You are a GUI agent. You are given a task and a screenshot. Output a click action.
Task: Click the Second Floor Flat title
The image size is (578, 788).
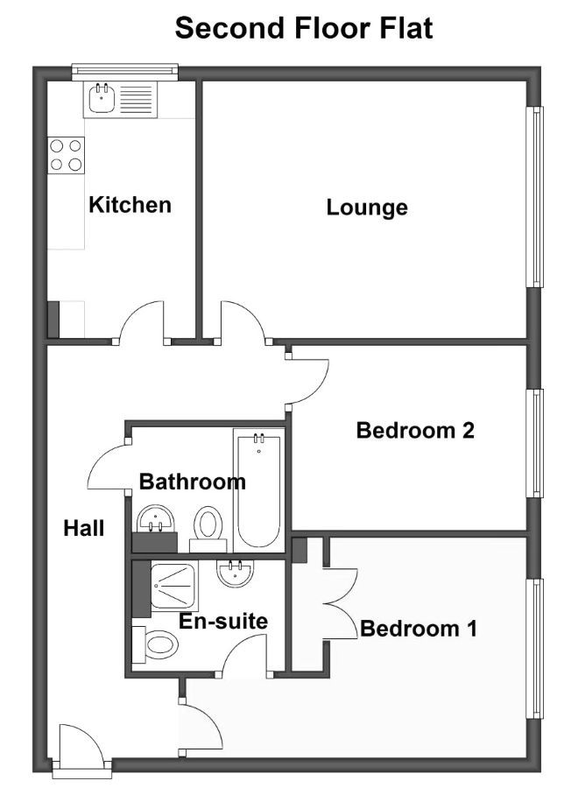(304, 28)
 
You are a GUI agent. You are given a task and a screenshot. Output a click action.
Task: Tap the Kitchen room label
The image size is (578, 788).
(130, 205)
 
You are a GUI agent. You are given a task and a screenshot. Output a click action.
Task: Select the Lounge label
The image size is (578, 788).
(367, 208)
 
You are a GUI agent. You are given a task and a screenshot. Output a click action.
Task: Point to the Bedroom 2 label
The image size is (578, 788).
(415, 430)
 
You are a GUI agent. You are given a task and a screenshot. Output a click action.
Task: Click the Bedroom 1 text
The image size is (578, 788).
(419, 628)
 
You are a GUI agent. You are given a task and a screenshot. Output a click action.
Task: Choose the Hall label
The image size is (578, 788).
(84, 528)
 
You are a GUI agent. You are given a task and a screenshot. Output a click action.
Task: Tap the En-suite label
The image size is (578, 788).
(223, 621)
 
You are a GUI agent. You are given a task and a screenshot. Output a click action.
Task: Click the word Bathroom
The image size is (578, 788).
(193, 482)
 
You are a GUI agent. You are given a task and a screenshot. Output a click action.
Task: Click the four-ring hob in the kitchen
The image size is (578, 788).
(66, 155)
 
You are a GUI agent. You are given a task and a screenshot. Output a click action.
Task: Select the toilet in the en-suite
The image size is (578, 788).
(155, 644)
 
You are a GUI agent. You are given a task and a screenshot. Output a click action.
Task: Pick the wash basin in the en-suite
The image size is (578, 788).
(236, 573)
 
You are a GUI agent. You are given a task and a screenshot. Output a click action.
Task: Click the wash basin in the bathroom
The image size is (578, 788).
(156, 518)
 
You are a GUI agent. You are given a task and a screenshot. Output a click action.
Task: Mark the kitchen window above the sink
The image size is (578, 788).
(125, 72)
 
